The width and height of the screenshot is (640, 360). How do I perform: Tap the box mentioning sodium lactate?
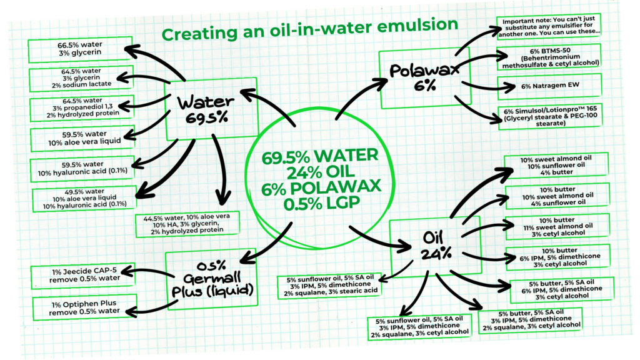point(80,79)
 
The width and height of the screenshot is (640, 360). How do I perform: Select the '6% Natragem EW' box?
point(547,84)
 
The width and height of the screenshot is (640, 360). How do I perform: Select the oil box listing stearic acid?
point(330,285)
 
